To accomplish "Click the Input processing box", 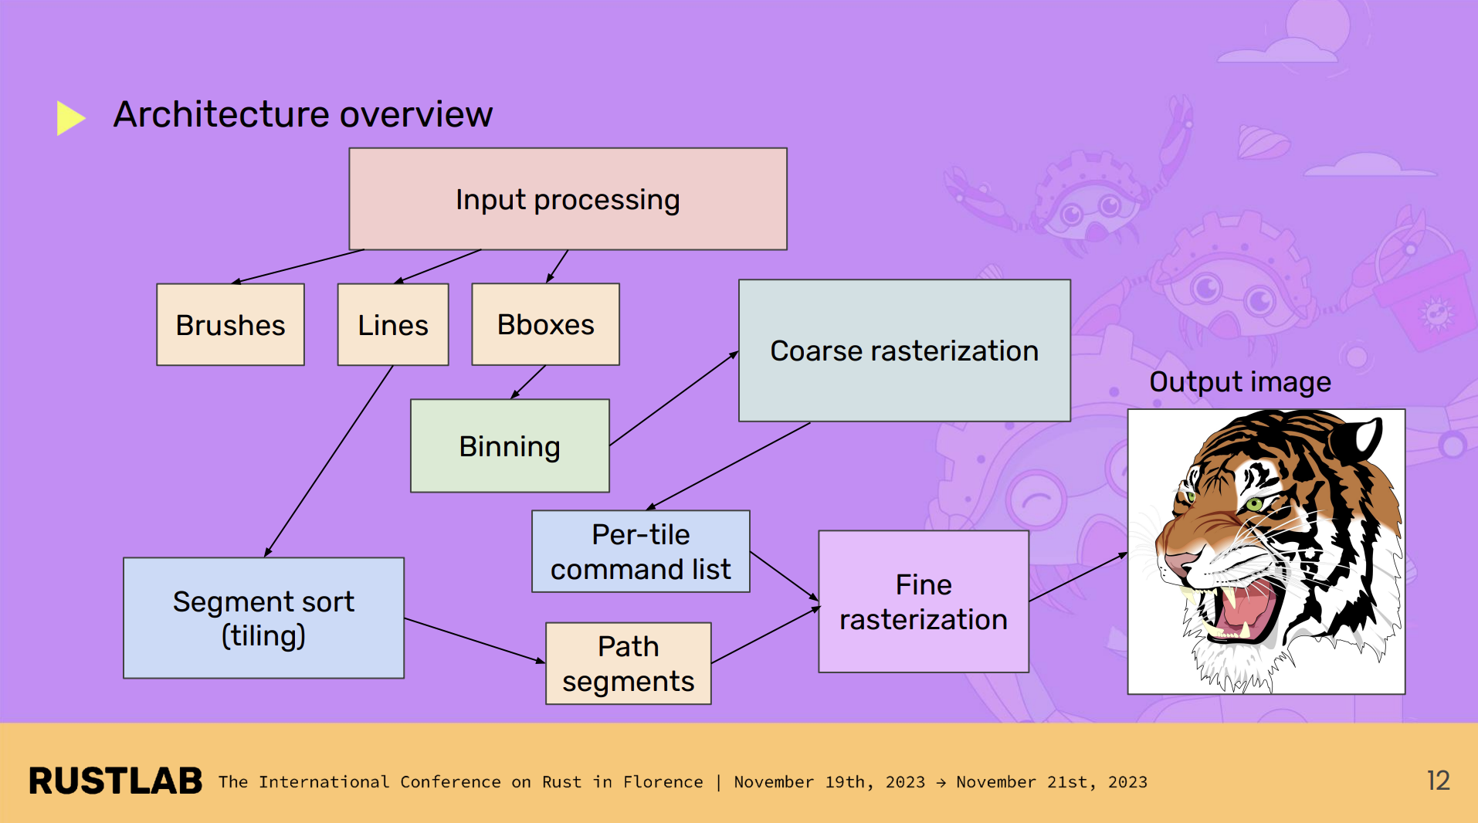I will [568, 199].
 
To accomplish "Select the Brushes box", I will [230, 325].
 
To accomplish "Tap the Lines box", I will [392, 325].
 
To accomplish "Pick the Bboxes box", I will [545, 324].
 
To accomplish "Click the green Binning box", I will [510, 446].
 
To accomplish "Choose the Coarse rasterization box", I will [903, 351].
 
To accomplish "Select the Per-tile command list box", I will [640, 551].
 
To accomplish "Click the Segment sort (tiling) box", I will [263, 618].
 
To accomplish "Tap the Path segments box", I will [628, 664].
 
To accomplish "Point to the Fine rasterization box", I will [923, 602].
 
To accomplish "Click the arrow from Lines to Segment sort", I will [328, 461].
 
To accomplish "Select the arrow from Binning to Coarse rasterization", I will [673, 398].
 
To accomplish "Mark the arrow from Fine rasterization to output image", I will [1077, 577].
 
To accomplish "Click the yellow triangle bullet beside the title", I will [69, 117].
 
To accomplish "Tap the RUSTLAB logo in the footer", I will [115, 781].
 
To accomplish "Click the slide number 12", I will [1437, 781].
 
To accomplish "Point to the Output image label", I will [1239, 382].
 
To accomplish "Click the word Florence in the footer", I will [663, 782].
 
